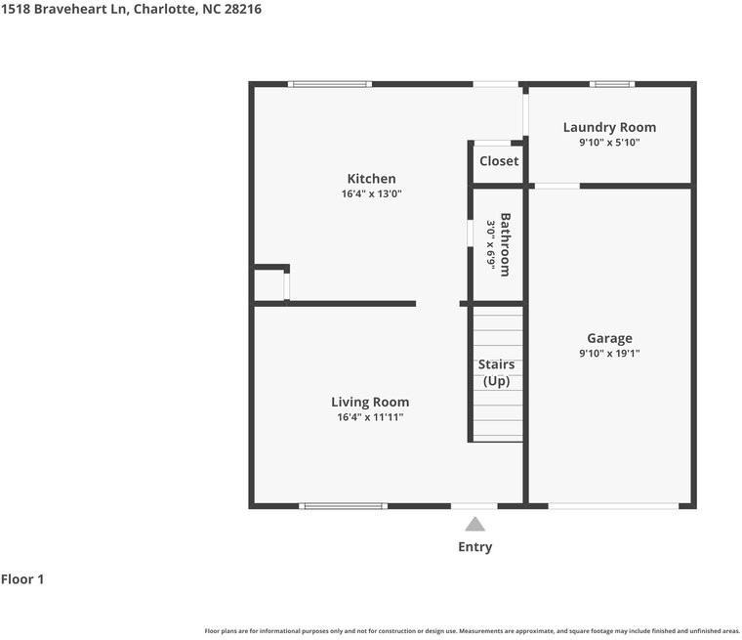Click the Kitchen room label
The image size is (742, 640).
coord(371,179)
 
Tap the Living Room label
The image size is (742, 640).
coord(370,403)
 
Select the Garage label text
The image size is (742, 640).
coord(609,339)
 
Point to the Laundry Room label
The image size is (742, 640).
coord(609,127)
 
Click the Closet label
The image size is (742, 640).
coord(499,161)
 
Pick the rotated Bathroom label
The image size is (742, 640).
coord(506,244)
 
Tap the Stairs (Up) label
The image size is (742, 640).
coord(496,373)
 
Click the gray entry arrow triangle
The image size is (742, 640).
coord(474,525)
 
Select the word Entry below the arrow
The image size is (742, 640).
coord(475,547)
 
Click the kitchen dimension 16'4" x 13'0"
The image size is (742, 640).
coord(371,193)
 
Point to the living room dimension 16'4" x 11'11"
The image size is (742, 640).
coord(370,417)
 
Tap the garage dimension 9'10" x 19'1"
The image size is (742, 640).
coord(609,354)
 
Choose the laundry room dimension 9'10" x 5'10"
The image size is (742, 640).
coord(609,143)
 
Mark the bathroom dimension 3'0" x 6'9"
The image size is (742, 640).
coord(491,245)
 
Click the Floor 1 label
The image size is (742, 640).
coord(22,579)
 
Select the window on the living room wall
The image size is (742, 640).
coord(343,506)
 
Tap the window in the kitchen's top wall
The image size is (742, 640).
coord(330,84)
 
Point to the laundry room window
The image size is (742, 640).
coord(612,84)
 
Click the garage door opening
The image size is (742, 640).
coord(613,506)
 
